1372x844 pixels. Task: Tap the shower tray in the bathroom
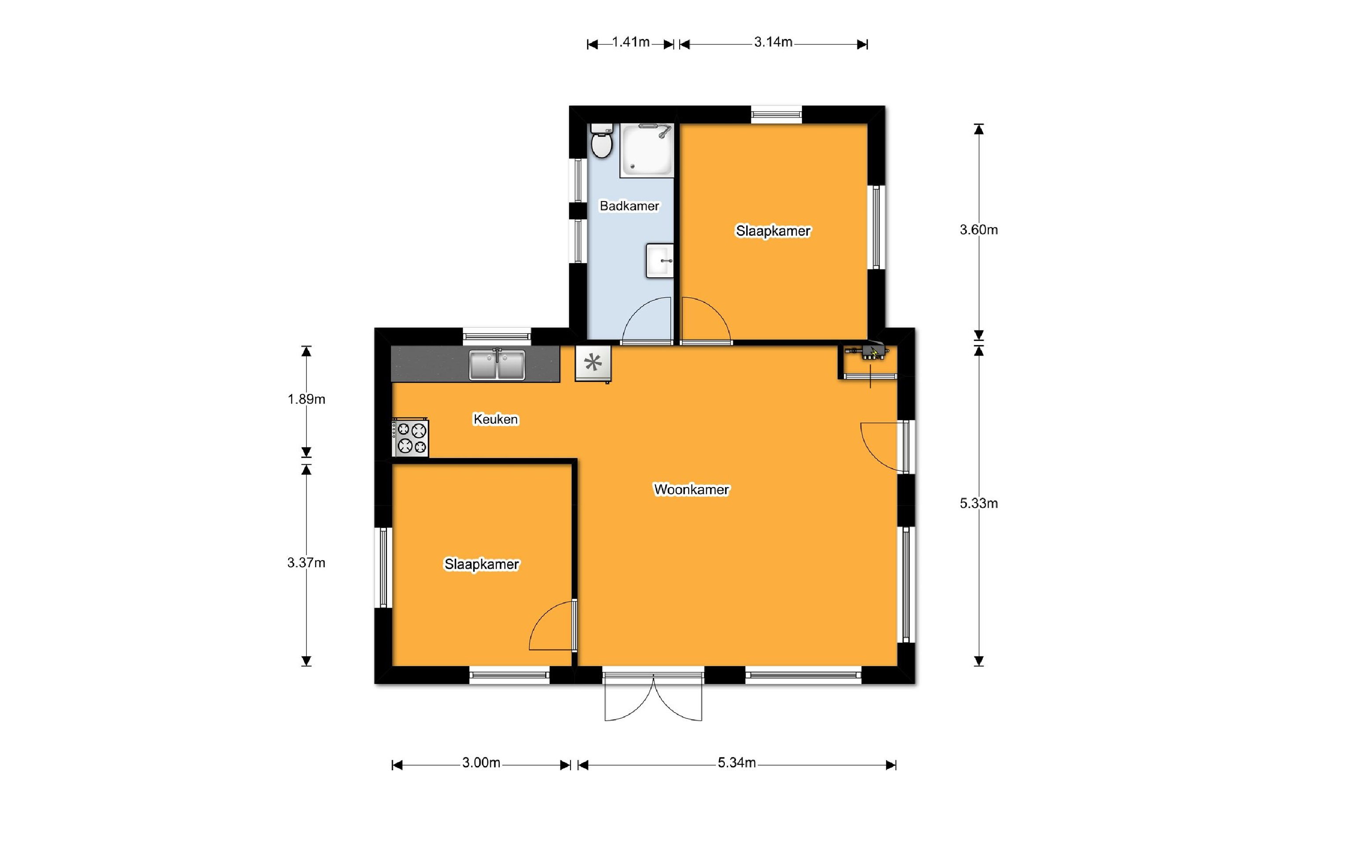[x=647, y=150]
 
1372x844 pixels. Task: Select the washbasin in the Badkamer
[x=660, y=260]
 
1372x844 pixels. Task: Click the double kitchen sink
[x=497, y=364]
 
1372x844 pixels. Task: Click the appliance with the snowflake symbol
[x=593, y=364]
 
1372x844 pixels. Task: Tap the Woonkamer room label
[x=691, y=489]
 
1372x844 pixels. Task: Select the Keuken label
[x=496, y=419]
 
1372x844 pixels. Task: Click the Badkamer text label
[x=629, y=206]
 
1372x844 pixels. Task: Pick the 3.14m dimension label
[x=773, y=42]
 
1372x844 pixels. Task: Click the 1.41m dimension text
[x=631, y=42]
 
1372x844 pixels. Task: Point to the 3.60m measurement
[x=978, y=229]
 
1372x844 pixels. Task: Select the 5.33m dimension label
[x=978, y=503]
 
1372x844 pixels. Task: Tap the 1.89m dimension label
[x=306, y=399]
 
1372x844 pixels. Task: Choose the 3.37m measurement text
[x=306, y=563]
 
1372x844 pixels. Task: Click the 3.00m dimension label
[x=481, y=763]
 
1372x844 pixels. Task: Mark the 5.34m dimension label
[x=737, y=763]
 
